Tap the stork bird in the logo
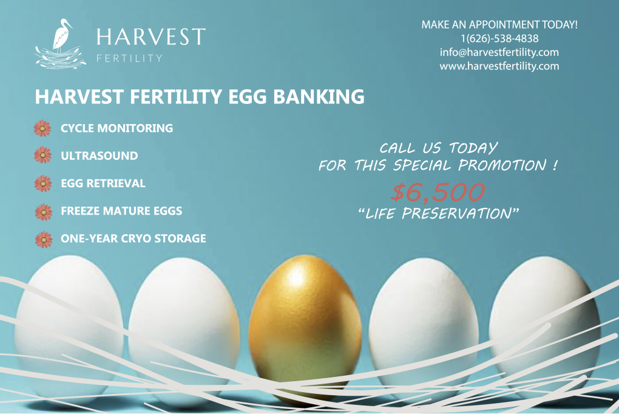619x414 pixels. tap(61, 36)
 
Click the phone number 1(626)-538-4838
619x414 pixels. tap(499, 38)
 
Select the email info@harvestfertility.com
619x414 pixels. tap(499, 52)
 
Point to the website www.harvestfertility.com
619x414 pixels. tap(499, 66)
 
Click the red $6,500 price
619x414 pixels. tap(438, 191)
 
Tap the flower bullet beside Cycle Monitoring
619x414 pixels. tap(42, 128)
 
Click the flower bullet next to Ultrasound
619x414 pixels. tap(42, 155)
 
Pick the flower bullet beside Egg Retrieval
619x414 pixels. tap(43, 184)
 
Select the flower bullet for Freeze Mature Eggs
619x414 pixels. tap(44, 212)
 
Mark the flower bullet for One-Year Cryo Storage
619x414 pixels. tap(44, 240)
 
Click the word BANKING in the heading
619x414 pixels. tap(319, 97)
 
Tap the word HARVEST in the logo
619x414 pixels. tap(151, 36)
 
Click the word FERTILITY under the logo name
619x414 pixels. tap(129, 58)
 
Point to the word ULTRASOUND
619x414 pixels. tap(99, 156)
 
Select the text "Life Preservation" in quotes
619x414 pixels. tap(438, 213)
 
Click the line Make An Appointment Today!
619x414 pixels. tap(499, 24)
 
